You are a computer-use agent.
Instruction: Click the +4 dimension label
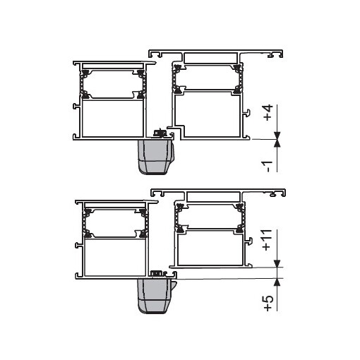pos(268,114)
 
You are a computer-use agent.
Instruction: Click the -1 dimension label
pos(268,165)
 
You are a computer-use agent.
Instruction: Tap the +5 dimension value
pos(268,301)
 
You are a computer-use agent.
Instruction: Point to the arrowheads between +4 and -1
pos(279,140)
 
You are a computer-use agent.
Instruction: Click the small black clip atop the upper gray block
pos(160,133)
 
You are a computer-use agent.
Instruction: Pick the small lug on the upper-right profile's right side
pos(246,112)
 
